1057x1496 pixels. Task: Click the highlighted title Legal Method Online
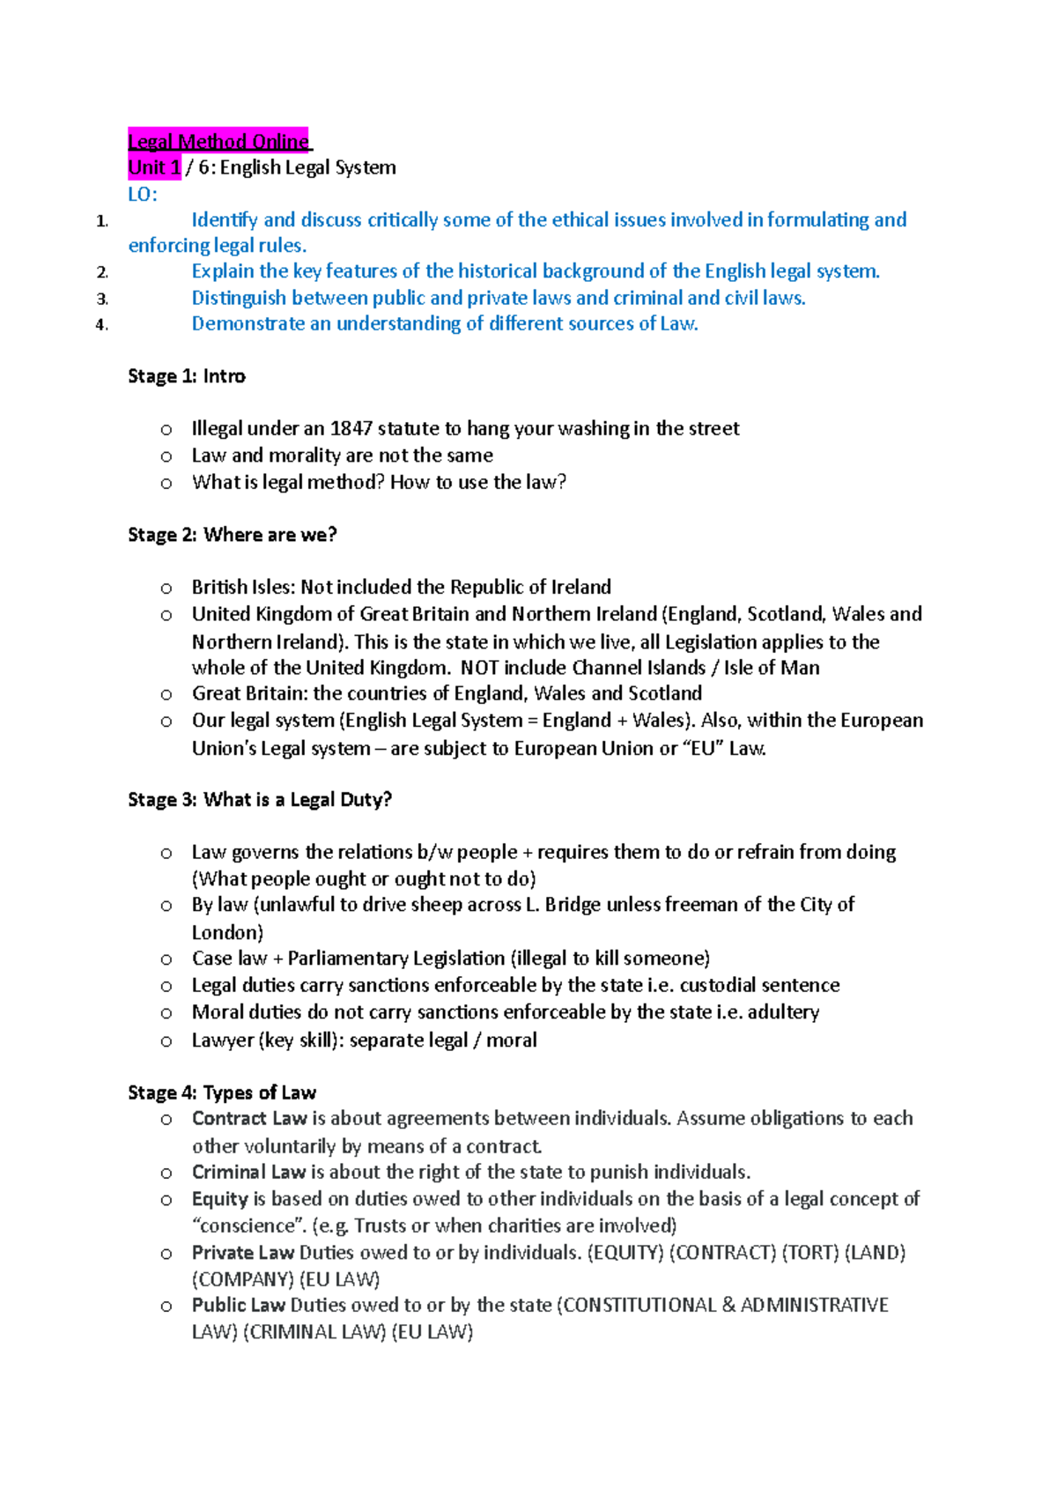click(218, 141)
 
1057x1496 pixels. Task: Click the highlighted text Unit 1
click(154, 167)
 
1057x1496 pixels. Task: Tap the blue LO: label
click(143, 194)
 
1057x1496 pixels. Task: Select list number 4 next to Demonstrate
click(101, 324)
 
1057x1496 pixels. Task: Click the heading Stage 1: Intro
click(187, 376)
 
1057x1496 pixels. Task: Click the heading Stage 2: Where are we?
click(233, 535)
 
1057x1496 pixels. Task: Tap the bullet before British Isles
click(166, 588)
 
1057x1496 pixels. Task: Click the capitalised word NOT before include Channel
click(479, 668)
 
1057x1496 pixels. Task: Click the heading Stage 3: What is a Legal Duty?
click(260, 800)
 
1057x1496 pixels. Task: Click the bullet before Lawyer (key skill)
click(166, 1041)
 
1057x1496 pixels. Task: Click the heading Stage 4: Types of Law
click(222, 1092)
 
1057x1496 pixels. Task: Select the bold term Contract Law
click(249, 1119)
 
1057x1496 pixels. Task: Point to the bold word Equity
click(220, 1199)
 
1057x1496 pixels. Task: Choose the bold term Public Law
click(239, 1305)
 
